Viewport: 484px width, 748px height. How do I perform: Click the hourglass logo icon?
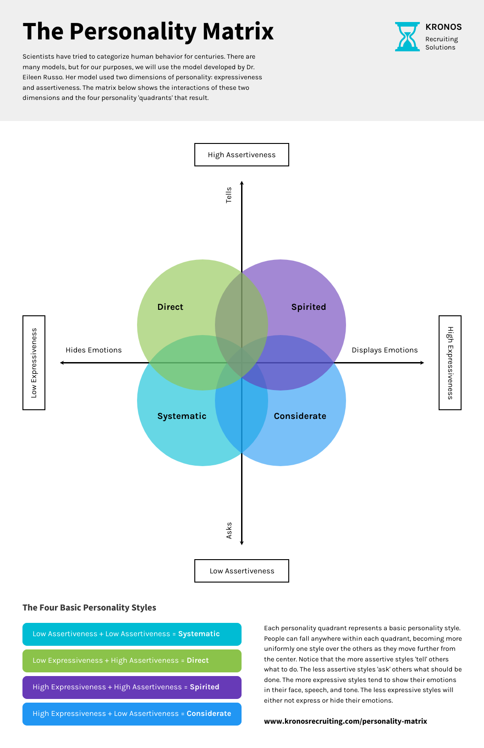click(407, 37)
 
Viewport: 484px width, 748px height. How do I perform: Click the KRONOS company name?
click(443, 27)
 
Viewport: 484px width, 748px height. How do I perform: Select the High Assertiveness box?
click(242, 155)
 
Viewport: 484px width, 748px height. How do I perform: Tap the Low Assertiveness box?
click(242, 571)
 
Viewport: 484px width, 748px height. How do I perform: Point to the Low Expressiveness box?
click(34, 363)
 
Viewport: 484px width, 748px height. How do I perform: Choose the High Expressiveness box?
click(450, 363)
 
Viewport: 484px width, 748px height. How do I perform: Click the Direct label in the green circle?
click(170, 307)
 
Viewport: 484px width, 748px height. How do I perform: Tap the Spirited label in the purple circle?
click(308, 307)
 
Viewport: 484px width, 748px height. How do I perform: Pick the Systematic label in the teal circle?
click(181, 416)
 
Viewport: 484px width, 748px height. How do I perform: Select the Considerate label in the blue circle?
click(300, 416)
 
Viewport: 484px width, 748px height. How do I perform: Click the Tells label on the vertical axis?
click(229, 195)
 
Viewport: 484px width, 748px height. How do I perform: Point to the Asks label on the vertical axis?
click(229, 530)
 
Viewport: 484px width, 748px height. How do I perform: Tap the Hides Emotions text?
click(93, 350)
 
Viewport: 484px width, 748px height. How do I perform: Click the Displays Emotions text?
click(385, 350)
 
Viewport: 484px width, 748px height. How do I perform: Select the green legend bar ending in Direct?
click(132, 661)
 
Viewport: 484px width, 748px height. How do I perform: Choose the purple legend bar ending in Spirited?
click(132, 687)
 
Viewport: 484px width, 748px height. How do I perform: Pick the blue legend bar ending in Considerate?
click(132, 714)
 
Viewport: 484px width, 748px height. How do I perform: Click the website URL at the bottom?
click(345, 721)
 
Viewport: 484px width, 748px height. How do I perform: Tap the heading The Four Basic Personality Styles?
click(89, 608)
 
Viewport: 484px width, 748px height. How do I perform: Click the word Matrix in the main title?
click(238, 32)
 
